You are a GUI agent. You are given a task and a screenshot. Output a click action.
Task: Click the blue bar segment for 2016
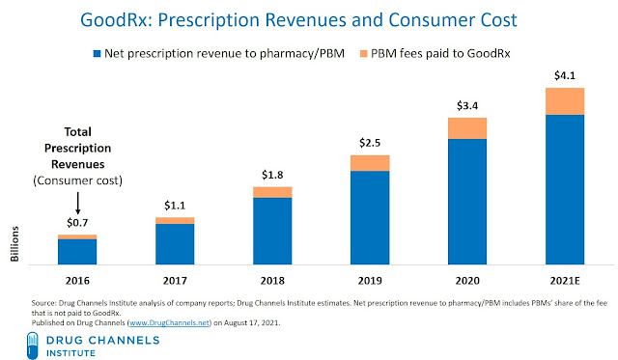pos(77,251)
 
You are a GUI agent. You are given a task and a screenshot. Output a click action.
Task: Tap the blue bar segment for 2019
pos(368,217)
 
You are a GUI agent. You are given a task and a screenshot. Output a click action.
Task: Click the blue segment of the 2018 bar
pos(271,231)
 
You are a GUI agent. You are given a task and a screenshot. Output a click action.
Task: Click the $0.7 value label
pos(77,223)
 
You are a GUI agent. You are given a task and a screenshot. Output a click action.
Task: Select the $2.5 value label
pos(368,143)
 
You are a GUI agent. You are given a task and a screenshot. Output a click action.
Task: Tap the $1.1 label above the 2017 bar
pos(174,206)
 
